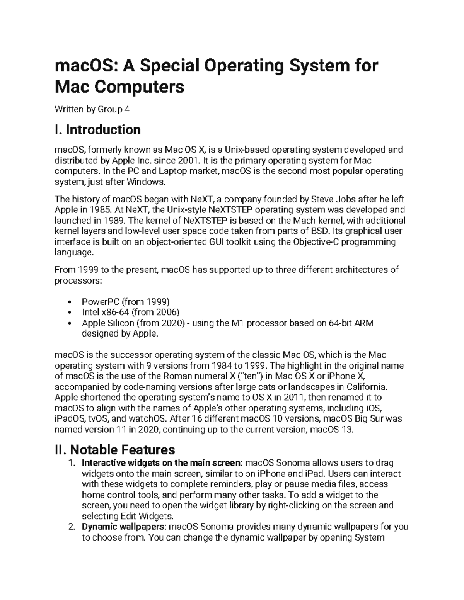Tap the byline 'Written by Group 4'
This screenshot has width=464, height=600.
(92, 109)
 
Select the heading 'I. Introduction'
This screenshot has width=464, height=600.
(98, 129)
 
